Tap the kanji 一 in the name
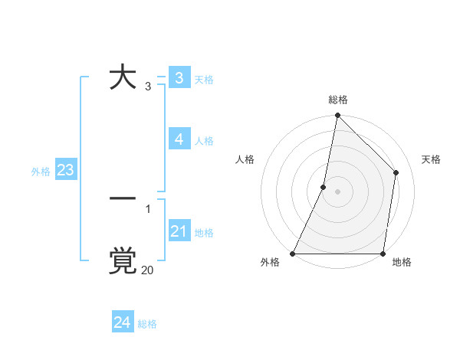point(122,198)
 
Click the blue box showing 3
point(179,78)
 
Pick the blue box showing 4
point(179,139)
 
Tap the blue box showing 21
point(179,231)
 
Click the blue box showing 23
point(65,170)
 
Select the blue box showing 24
point(122,322)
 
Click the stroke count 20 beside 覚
point(147,270)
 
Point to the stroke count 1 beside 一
point(148,208)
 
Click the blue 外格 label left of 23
point(41,172)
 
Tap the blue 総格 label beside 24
point(147,324)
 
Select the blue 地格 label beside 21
point(204,233)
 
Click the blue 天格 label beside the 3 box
point(204,80)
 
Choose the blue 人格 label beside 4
point(204,141)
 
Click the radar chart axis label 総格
point(337,100)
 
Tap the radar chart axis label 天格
point(431,159)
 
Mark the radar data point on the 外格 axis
point(293,254)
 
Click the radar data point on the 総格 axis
point(337,116)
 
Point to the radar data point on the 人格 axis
point(324,187)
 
